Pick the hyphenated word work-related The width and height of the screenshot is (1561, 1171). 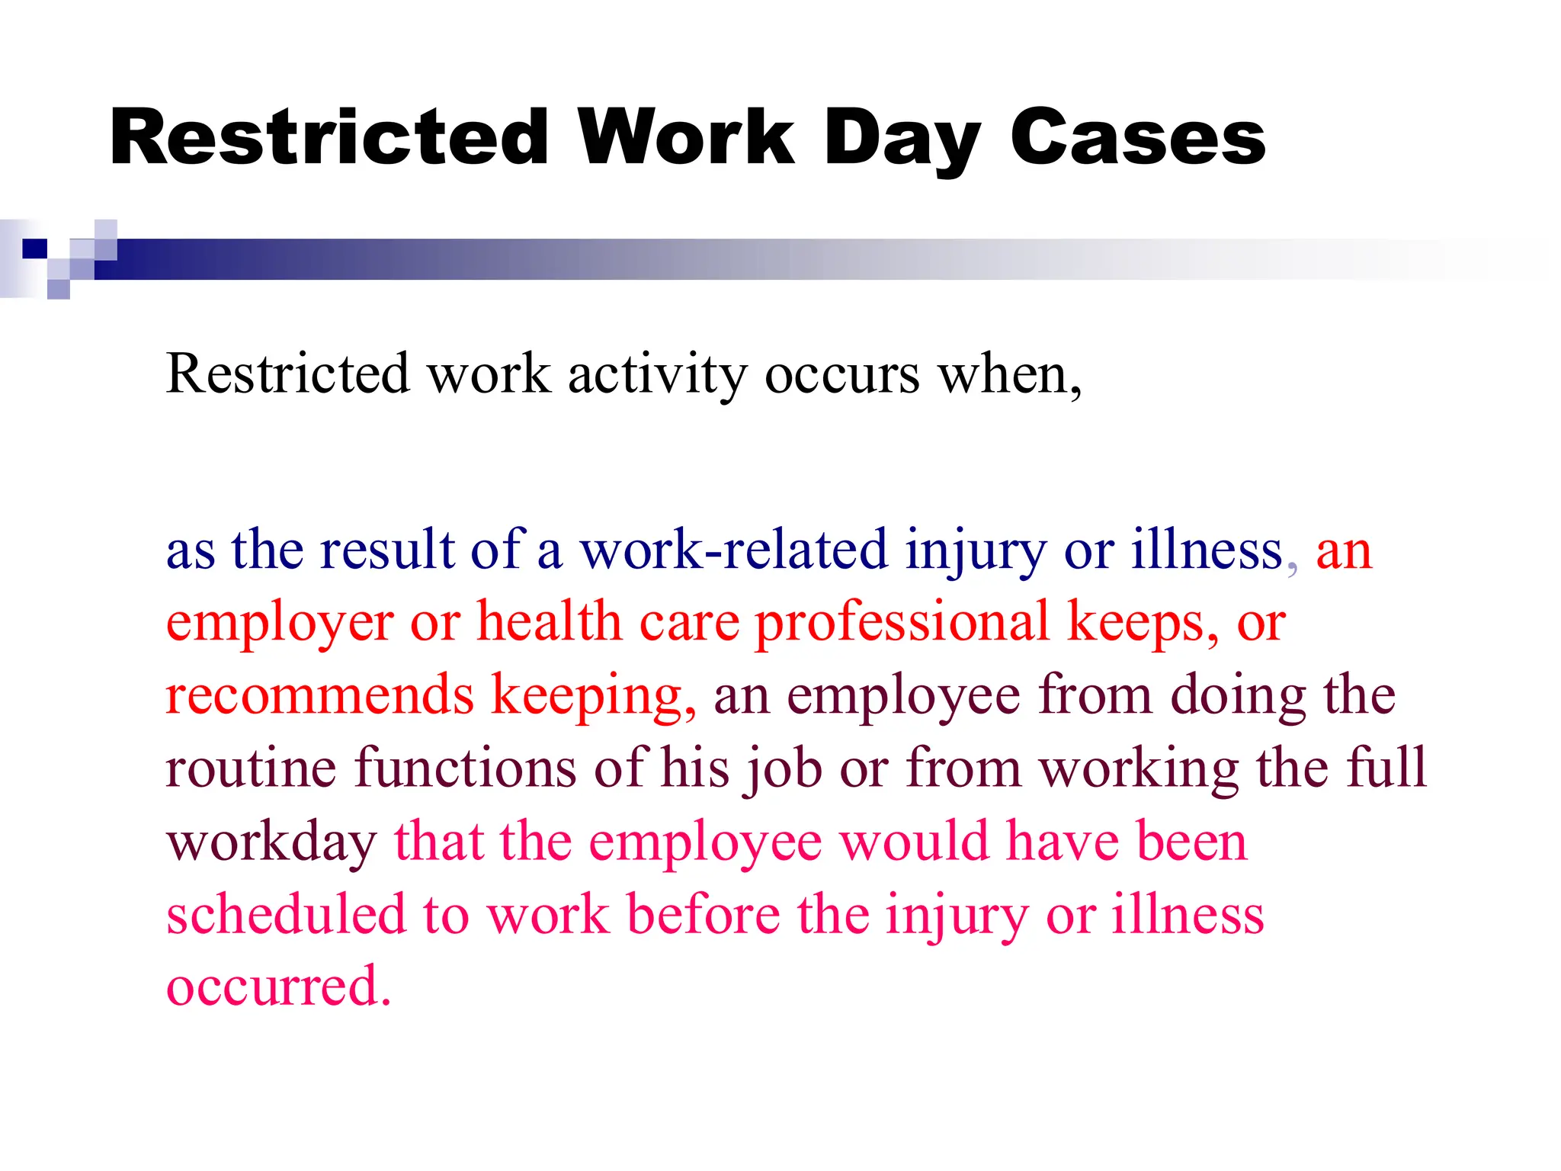tap(733, 550)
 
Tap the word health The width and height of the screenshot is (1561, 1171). tap(549, 622)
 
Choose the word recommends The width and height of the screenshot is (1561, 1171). tap(319, 695)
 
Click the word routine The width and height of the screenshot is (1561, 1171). tap(251, 768)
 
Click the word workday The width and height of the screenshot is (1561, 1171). tap(271, 842)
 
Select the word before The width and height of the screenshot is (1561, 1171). tap(704, 914)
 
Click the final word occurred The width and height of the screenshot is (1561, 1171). tap(278, 987)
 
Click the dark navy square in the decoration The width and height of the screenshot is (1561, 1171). tap(34, 249)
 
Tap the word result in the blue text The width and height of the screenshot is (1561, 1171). tap(387, 550)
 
